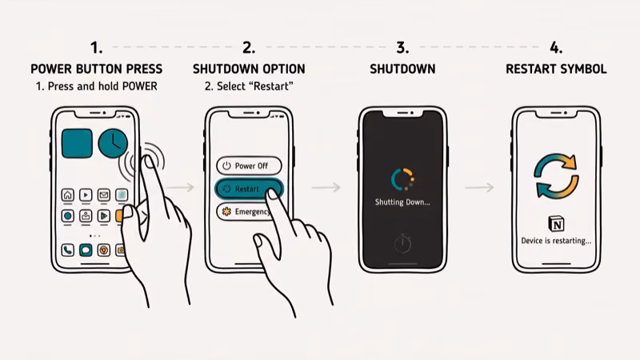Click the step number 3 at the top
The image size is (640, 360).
click(x=402, y=46)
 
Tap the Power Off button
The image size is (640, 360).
click(x=248, y=166)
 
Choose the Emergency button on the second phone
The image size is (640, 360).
click(x=245, y=212)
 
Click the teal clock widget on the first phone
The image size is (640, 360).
click(x=113, y=143)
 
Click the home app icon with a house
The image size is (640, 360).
click(x=68, y=194)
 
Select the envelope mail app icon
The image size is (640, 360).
click(x=103, y=194)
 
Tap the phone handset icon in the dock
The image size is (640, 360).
click(x=68, y=250)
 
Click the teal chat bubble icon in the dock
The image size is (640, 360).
click(x=86, y=250)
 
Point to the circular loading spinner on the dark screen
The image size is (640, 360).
click(x=402, y=178)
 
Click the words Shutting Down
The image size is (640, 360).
click(x=402, y=202)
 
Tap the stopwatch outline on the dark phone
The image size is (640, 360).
click(x=402, y=243)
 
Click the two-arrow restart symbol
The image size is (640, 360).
click(x=556, y=176)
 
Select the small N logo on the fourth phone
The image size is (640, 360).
click(x=556, y=223)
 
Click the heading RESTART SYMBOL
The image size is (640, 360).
click(x=556, y=70)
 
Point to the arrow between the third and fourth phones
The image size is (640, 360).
click(x=478, y=187)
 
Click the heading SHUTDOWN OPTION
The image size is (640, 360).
click(x=249, y=70)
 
